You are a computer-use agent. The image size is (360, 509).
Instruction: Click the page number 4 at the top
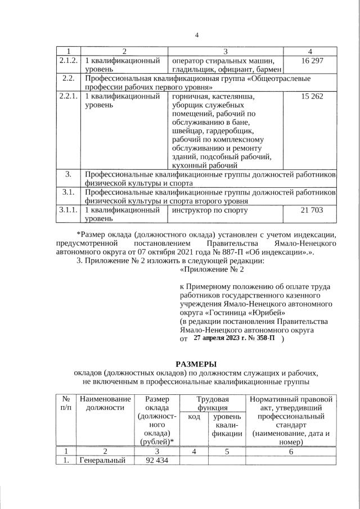click(x=197, y=36)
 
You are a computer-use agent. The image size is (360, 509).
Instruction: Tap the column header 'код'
click(x=193, y=417)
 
